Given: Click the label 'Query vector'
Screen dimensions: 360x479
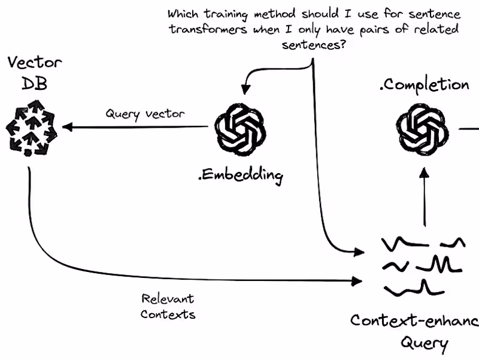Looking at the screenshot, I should point(145,113).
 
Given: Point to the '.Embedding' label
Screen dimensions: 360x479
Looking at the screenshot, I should point(239,175).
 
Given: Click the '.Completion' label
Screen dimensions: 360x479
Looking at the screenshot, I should point(424,84).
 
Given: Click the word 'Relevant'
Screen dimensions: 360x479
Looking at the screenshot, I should point(168,298).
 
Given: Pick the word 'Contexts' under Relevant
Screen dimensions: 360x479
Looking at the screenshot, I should point(168,313).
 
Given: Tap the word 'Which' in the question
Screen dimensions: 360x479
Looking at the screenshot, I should point(183,13).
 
